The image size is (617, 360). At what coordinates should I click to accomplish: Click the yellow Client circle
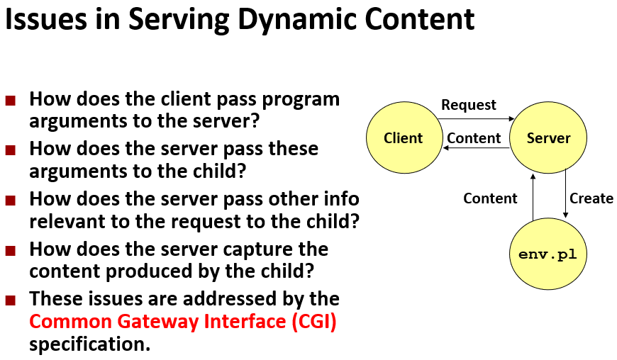tap(403, 138)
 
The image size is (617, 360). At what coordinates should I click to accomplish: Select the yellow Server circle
tap(548, 138)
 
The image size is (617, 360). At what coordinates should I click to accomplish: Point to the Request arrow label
tap(468, 105)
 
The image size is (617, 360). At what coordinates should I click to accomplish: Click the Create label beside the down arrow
tap(591, 198)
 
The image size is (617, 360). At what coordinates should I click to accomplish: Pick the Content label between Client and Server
tap(474, 138)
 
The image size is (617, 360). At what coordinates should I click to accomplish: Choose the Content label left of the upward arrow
tap(490, 198)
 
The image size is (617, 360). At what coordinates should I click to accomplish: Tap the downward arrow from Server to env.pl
tap(565, 195)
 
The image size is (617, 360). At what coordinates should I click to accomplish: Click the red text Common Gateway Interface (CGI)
tap(183, 322)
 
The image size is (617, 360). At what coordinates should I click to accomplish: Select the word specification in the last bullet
tap(89, 344)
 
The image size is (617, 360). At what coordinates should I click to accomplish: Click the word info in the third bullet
tap(339, 199)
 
